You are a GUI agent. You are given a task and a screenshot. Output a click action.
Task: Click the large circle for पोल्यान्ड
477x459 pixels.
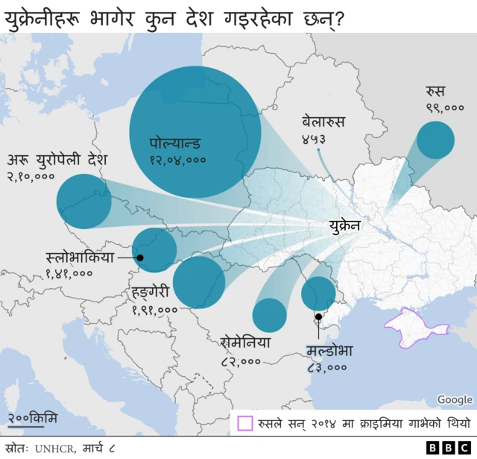[195, 132]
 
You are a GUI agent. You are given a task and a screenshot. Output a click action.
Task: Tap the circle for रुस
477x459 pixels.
[435, 140]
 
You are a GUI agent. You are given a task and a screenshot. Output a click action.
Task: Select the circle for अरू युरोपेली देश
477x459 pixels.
[83, 201]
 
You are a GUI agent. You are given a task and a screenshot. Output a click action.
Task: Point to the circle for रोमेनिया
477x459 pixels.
[269, 315]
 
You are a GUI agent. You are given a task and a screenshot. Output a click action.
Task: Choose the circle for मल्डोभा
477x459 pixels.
[318, 293]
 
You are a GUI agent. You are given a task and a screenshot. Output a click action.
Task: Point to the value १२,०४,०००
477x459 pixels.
[177, 159]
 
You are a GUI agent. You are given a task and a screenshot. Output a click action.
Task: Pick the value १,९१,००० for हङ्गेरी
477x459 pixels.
[154, 309]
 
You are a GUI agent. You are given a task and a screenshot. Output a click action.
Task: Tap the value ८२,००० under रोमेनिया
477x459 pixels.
[241, 360]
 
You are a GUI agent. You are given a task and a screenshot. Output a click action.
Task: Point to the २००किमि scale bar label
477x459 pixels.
[33, 416]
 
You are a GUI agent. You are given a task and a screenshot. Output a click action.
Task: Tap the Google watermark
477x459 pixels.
[454, 400]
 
